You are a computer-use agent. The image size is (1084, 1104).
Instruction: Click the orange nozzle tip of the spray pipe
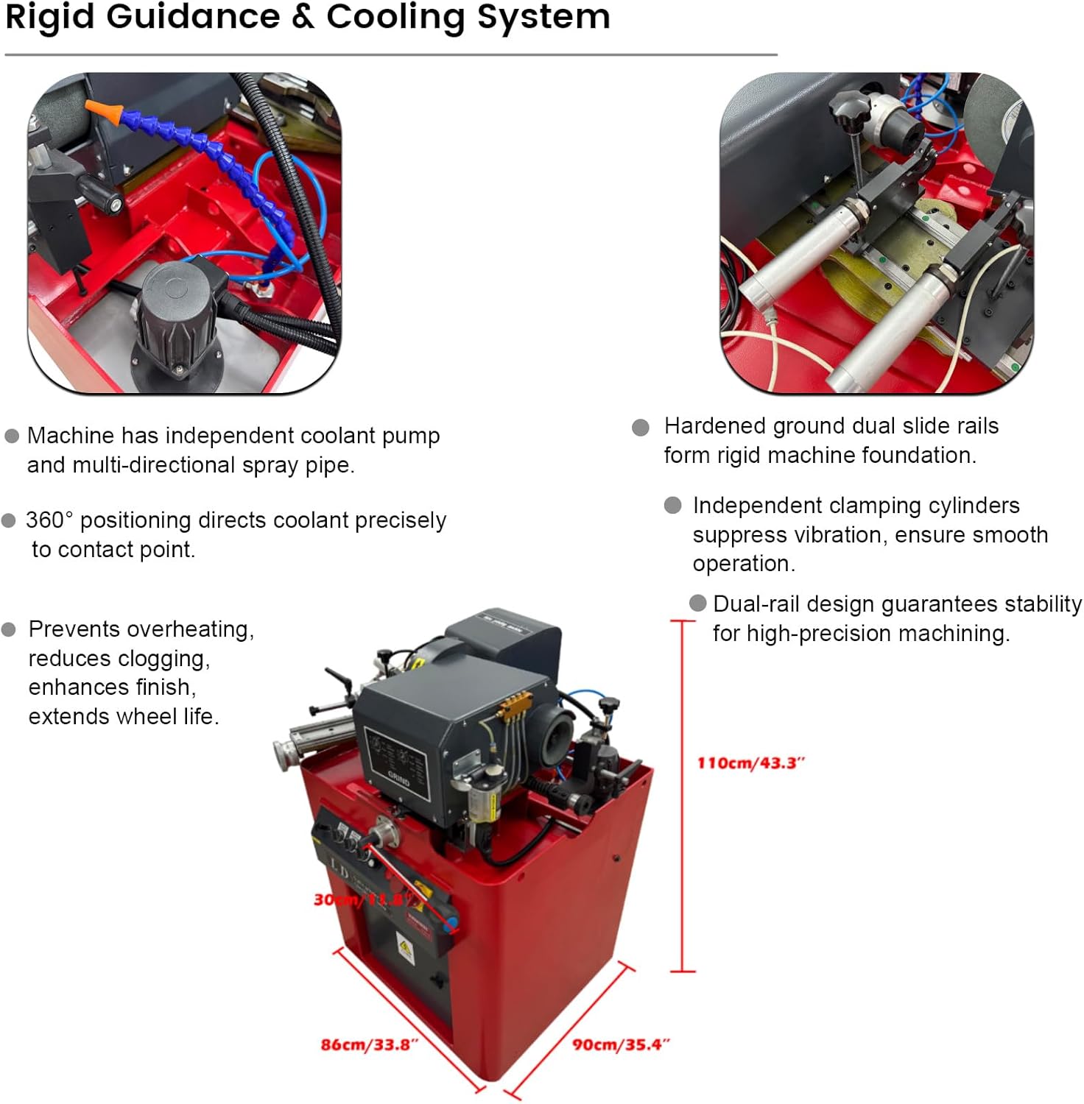click(x=102, y=110)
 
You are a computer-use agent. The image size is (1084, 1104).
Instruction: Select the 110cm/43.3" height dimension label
click(x=750, y=762)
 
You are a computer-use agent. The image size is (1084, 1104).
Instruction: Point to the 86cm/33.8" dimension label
click(x=369, y=1044)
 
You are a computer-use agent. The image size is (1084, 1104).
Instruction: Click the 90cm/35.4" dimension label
click(x=621, y=1044)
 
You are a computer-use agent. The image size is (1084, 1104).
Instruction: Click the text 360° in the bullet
click(x=49, y=520)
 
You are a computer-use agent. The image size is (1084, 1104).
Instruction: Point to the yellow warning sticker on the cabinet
click(x=404, y=949)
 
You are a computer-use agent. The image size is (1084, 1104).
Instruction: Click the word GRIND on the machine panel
click(x=398, y=777)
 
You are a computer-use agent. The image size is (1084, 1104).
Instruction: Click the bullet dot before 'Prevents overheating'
click(x=9, y=630)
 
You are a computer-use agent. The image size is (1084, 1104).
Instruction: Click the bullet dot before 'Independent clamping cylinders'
click(x=672, y=506)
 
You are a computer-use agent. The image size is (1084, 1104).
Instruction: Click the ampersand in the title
click(x=303, y=16)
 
